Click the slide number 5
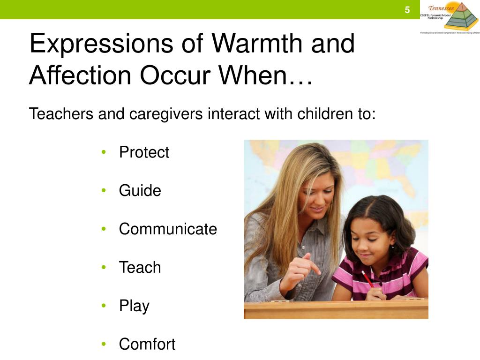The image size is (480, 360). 407,10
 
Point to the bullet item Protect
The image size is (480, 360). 144,152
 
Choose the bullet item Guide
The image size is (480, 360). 140,191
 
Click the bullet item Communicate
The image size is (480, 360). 168,229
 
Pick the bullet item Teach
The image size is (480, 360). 140,268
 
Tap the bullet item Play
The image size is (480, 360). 134,306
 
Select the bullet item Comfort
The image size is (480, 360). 147,344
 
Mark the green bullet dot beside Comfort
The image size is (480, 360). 104,344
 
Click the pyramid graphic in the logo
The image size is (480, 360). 461,16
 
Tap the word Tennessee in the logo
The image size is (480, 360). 441,8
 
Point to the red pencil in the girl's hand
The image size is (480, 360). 367,279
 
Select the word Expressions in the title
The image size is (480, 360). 101,44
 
